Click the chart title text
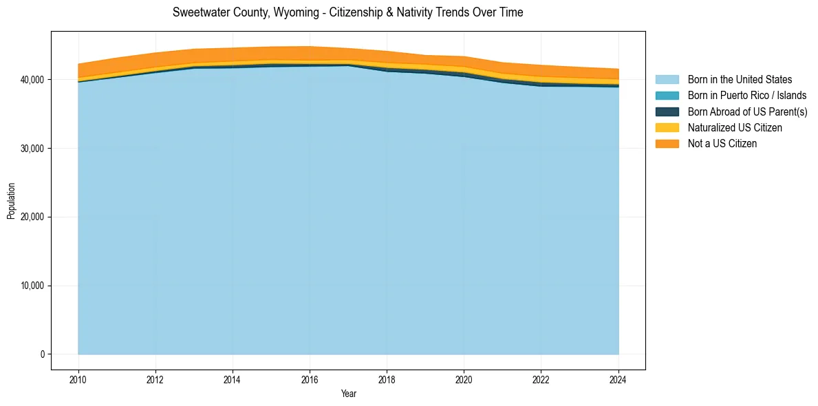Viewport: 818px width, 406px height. coord(347,12)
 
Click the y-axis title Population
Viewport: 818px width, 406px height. coord(11,201)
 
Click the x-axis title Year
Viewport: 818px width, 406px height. coord(348,394)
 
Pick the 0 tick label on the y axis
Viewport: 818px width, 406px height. coord(42,354)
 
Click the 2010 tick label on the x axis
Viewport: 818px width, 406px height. coord(78,378)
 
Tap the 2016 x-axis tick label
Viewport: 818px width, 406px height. coord(310,378)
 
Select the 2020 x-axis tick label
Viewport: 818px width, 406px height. coord(464,378)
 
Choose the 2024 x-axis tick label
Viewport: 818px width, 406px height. coord(618,378)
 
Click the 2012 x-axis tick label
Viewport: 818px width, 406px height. coord(155,378)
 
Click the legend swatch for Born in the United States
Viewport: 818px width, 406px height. coord(667,80)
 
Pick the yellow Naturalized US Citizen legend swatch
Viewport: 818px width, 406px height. coord(667,127)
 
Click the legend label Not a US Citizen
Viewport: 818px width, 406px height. coord(722,143)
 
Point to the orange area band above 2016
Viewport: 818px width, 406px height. coord(310,54)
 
